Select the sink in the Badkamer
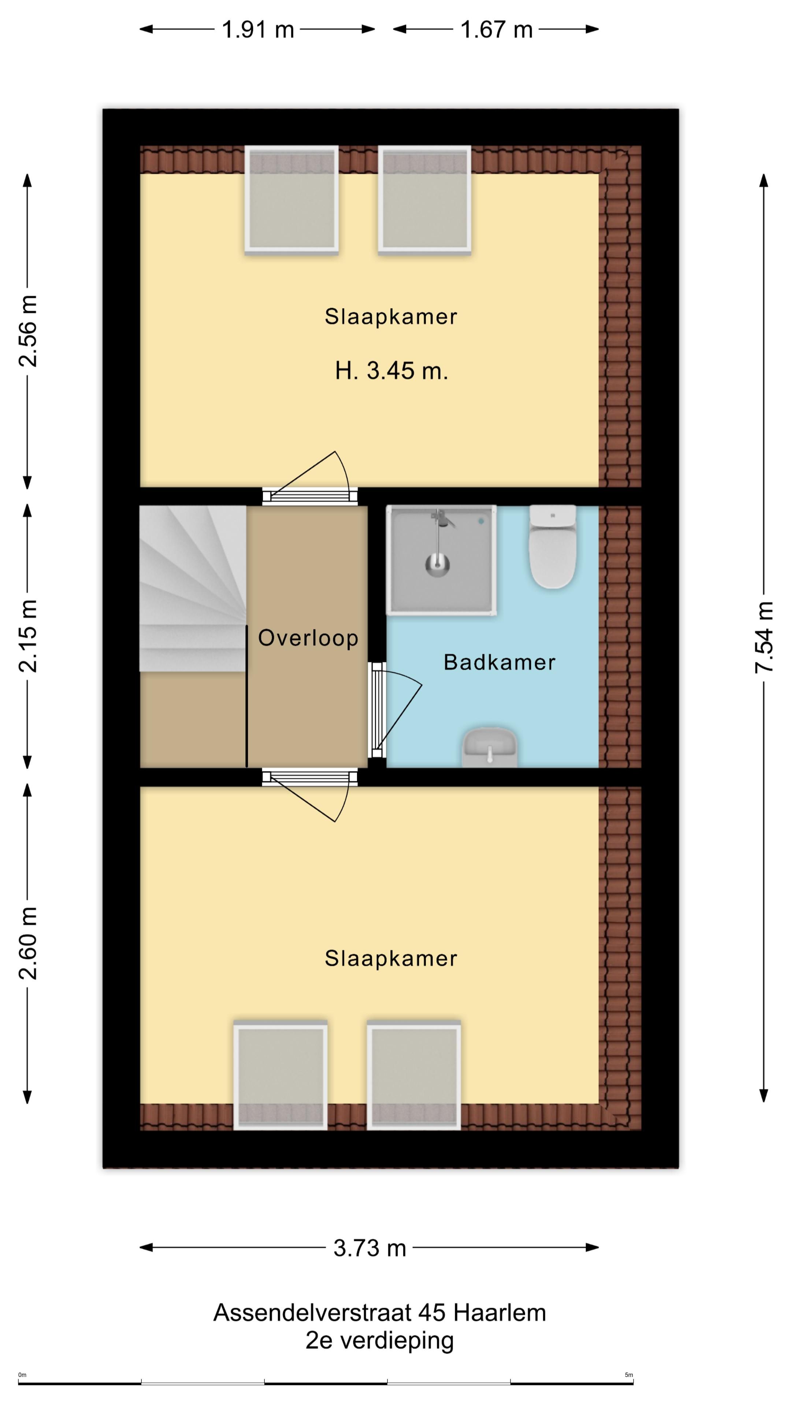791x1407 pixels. [490, 747]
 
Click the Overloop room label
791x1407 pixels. [308, 638]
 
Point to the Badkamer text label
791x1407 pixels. [500, 662]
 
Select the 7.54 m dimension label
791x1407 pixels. [764, 637]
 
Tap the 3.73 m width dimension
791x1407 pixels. [370, 1248]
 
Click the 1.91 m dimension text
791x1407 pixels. [258, 29]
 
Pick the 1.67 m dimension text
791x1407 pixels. [496, 29]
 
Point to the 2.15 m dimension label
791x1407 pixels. [28, 635]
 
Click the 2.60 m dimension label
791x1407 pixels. [28, 943]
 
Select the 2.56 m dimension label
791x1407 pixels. [28, 330]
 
